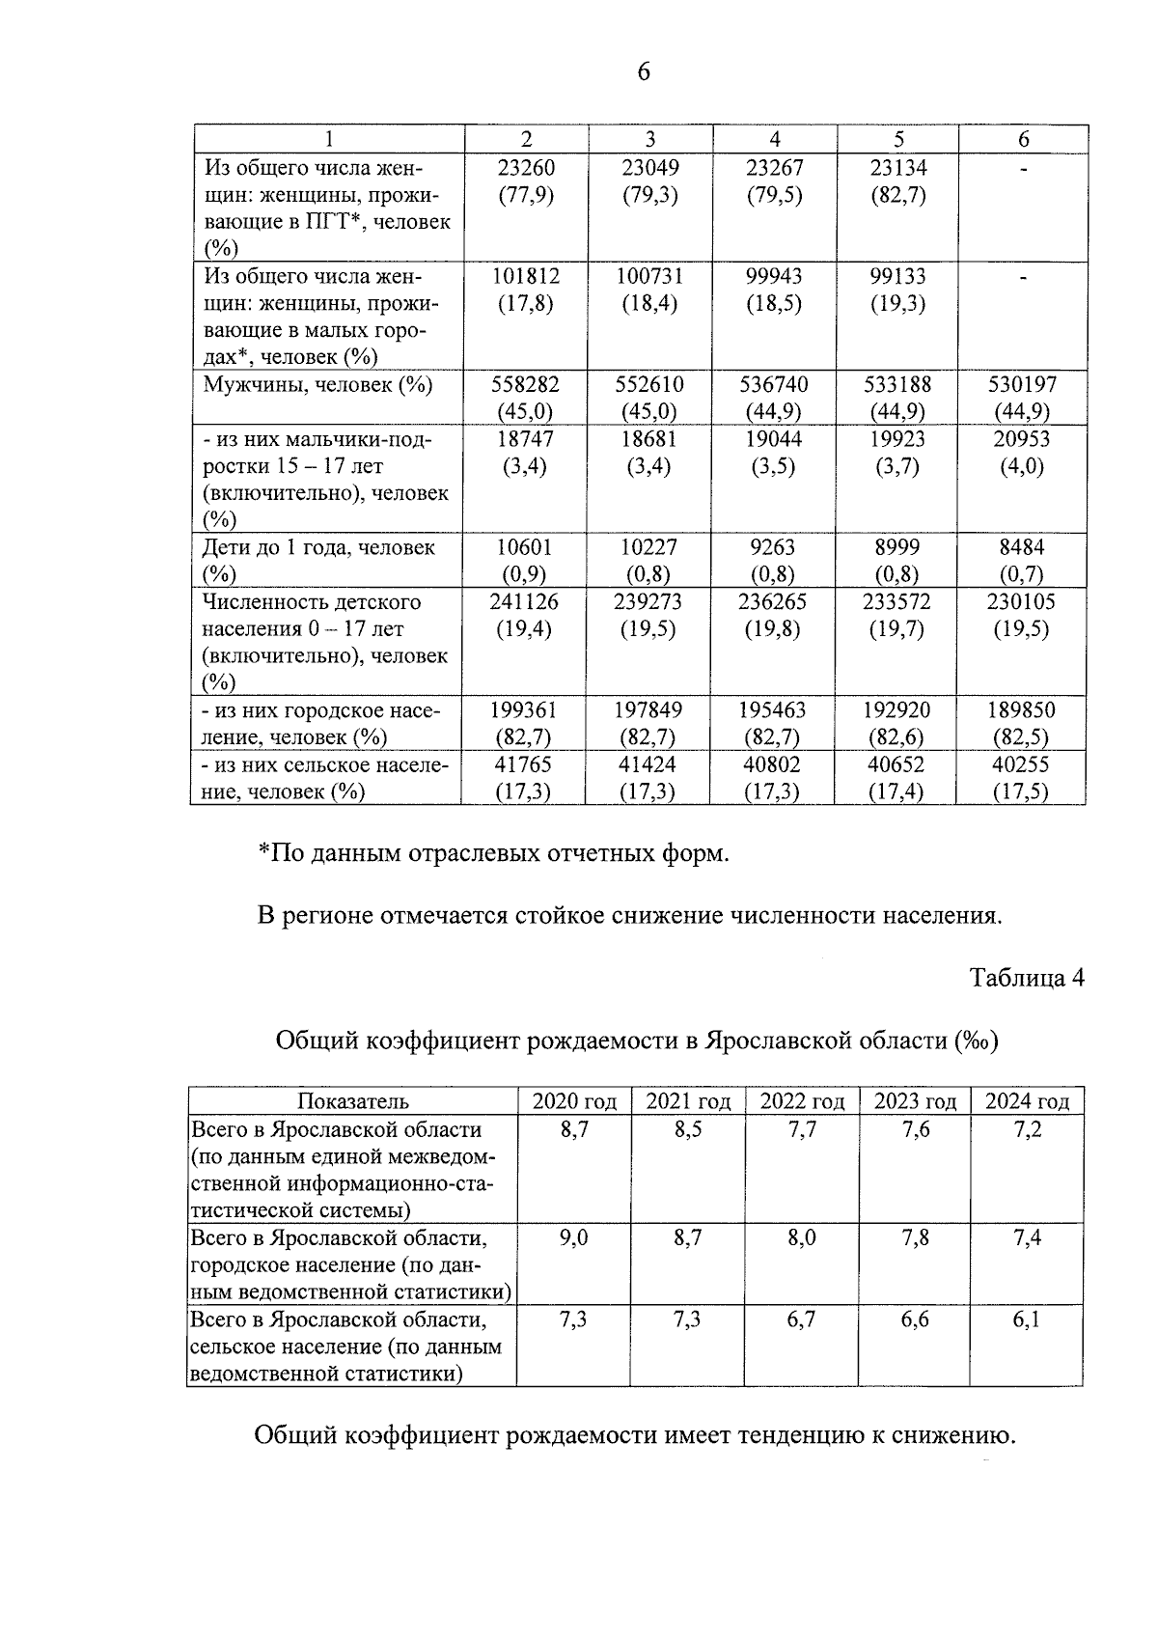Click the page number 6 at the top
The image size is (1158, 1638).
point(644,71)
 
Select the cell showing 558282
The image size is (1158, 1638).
point(526,384)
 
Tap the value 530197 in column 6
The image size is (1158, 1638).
point(1022,384)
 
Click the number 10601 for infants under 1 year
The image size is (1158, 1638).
point(526,547)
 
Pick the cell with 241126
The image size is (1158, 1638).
point(526,601)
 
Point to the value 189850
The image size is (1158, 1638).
point(1022,710)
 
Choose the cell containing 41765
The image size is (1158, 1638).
point(526,764)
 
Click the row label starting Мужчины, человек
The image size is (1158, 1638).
point(317,384)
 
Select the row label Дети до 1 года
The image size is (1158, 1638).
point(318,547)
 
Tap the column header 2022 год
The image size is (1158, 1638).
point(802,1101)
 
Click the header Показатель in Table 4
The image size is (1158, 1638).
point(352,1101)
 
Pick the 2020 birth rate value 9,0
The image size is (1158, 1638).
point(574,1237)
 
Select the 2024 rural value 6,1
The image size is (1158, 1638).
point(1027,1319)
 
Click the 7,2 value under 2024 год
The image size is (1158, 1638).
point(1027,1129)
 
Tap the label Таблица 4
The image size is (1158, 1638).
point(1027,978)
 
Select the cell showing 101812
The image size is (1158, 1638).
point(526,276)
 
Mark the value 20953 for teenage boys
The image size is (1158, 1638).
point(1022,439)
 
